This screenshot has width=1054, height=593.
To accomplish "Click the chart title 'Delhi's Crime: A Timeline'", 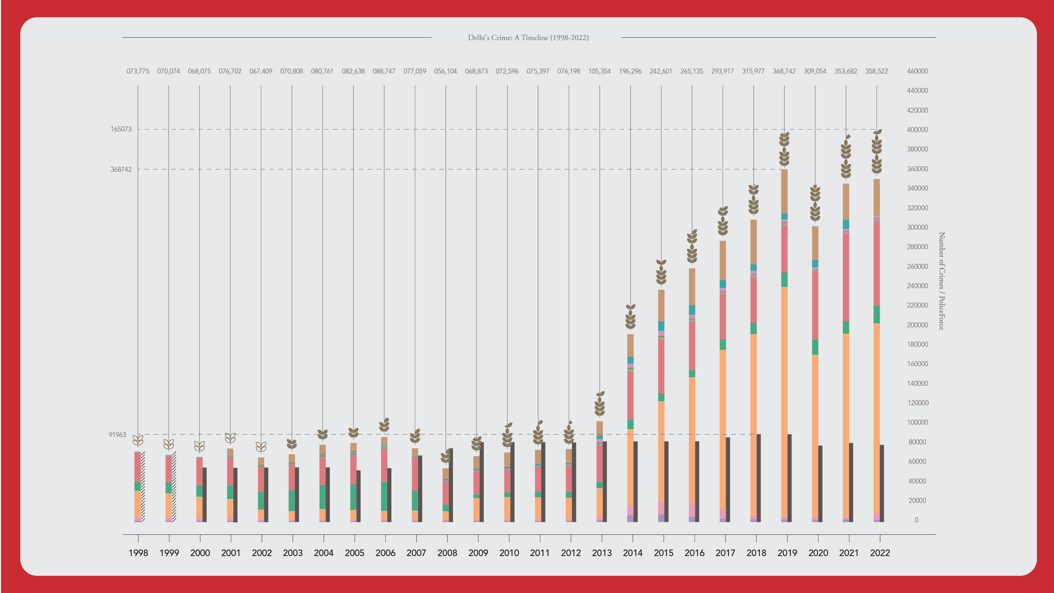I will point(528,38).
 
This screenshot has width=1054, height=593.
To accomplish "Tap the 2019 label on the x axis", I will point(787,553).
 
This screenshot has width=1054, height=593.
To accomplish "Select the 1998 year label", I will point(138,553).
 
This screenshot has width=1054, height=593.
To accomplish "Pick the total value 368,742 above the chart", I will point(784,71).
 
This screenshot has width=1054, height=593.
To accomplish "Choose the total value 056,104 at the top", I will point(445,71).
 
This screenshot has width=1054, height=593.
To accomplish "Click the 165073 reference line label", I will point(121,129).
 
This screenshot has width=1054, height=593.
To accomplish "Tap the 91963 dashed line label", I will point(117,435).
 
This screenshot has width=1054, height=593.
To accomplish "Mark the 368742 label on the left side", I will point(121,169).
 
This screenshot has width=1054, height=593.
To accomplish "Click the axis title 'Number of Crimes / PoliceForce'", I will point(941,281).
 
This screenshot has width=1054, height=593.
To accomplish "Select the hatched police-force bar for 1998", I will point(143,487).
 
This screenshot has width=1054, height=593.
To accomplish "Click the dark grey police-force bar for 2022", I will point(882,483).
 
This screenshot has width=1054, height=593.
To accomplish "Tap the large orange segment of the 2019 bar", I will point(784,401).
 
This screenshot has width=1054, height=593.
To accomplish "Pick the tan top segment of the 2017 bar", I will point(723,260).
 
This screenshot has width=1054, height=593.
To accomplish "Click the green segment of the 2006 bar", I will point(384,496).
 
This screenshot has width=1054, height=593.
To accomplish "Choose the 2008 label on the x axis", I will point(447,553).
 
